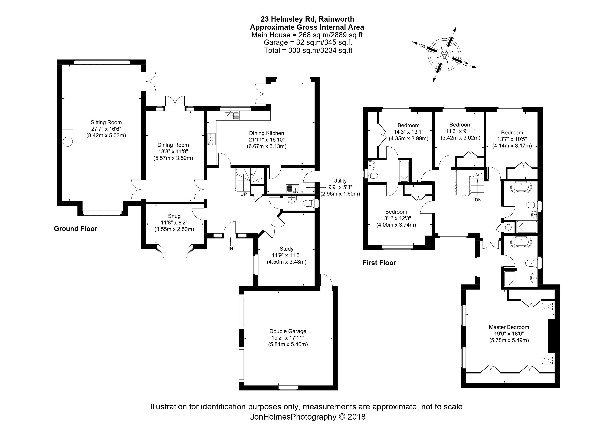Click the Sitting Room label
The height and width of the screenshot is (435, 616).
[x=106, y=122]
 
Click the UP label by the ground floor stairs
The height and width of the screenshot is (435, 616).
[x=243, y=194]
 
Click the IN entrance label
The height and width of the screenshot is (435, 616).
[x=231, y=248]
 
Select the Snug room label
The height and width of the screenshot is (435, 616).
[x=174, y=216]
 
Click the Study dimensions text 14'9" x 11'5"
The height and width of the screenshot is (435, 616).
[x=287, y=255]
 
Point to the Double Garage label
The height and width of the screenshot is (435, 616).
[x=288, y=331]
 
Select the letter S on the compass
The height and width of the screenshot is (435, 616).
[x=422, y=46]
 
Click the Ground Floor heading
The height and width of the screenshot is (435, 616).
[x=76, y=229]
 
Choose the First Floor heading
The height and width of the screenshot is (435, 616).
[x=379, y=263]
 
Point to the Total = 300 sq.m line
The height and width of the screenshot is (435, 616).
[x=308, y=50]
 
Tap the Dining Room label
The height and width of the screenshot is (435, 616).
[x=173, y=145]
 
